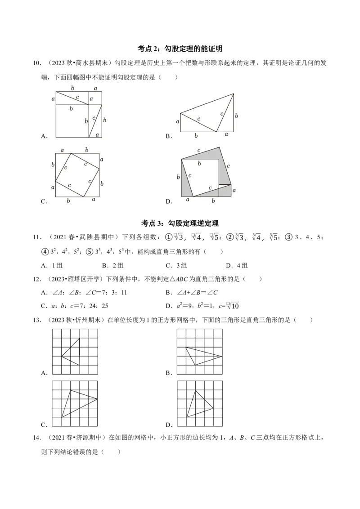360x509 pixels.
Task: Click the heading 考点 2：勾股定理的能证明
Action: [180, 49]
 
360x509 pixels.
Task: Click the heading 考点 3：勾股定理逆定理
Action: [180, 223]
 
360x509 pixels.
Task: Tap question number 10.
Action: [37, 63]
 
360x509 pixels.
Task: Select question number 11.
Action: [37, 237]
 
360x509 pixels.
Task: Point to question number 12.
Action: [37, 279]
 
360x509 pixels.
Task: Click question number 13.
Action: [37, 320]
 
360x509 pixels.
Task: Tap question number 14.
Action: [37, 438]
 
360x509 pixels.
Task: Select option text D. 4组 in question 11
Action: [237, 266]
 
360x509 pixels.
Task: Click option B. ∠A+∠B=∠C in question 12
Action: [191, 292]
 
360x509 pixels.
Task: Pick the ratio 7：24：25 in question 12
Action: [96, 306]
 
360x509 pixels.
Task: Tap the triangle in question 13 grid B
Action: [204, 356]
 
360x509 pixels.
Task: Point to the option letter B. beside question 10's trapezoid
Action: [169, 136]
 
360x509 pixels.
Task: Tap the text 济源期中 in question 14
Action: [91, 438]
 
